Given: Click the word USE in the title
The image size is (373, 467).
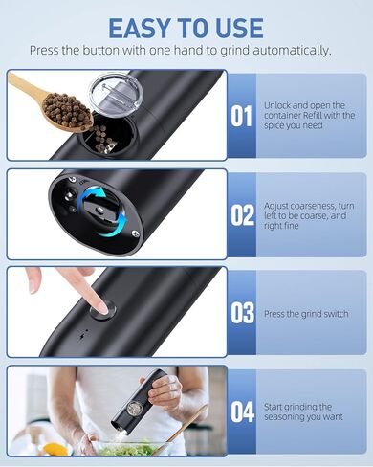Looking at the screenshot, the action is [239, 29].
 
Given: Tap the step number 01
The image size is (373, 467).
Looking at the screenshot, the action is [241, 116].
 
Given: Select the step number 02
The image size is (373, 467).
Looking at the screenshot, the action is [243, 215].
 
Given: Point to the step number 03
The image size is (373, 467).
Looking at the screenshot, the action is [243, 313].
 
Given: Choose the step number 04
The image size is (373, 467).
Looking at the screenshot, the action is [243, 411].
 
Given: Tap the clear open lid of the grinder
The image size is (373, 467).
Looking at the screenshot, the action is [115, 93].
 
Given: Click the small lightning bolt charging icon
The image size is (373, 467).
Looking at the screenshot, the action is [84, 336].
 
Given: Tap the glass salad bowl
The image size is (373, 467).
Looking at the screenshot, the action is [127, 446].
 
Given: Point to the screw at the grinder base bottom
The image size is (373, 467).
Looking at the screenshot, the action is [135, 233].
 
